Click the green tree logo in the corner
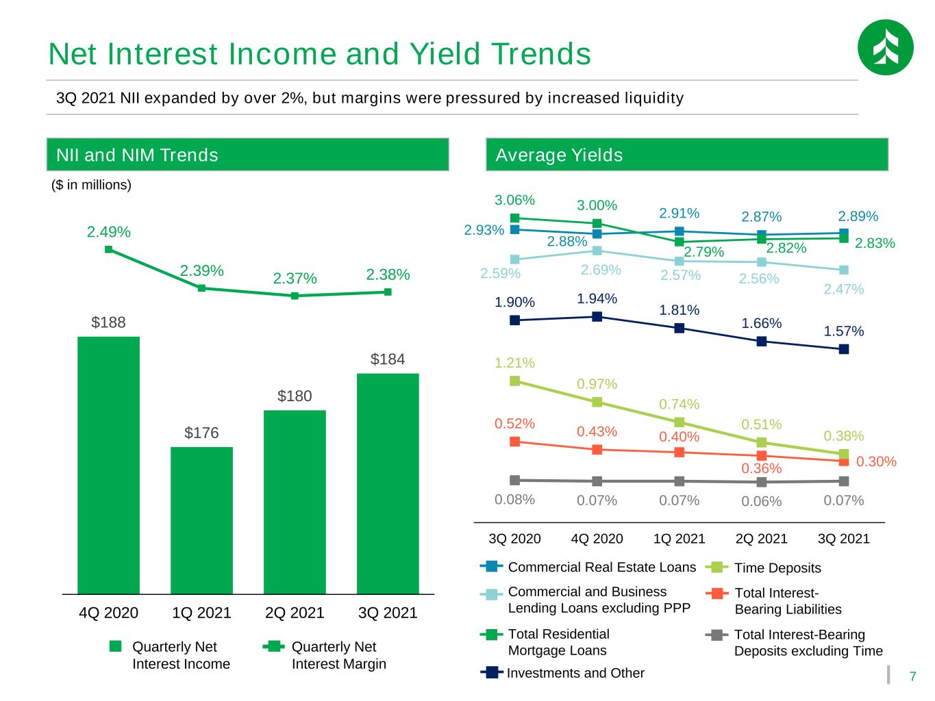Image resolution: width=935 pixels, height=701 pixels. tap(885, 47)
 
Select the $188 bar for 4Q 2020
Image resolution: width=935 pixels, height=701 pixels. tap(108, 466)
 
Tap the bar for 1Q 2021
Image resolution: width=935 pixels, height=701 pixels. tap(201, 520)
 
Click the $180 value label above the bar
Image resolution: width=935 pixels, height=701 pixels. tap(295, 396)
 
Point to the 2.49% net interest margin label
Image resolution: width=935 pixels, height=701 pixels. tap(108, 232)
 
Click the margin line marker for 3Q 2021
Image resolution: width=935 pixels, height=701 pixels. tap(388, 292)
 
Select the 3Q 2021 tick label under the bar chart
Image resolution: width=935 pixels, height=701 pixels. tap(388, 613)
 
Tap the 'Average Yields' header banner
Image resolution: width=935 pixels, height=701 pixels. tap(686, 155)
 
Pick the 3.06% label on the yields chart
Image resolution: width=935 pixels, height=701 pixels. tap(514, 200)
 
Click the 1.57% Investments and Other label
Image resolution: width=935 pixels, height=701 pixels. tap(843, 331)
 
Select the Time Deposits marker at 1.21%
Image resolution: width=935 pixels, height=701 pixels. tap(514, 381)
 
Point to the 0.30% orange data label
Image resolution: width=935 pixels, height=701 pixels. tap(876, 461)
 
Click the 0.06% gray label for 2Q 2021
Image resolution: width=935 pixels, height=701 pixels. tap(761, 501)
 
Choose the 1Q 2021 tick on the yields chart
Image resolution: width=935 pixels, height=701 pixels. tap(679, 538)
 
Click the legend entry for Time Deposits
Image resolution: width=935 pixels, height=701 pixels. tap(763, 568)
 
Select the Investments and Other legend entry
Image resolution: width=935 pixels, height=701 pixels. tap(562, 672)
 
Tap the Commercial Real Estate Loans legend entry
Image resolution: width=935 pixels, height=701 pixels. tap(588, 567)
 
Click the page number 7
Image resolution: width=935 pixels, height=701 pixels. tap(912, 676)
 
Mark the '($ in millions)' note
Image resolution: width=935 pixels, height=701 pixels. tap(91, 185)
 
